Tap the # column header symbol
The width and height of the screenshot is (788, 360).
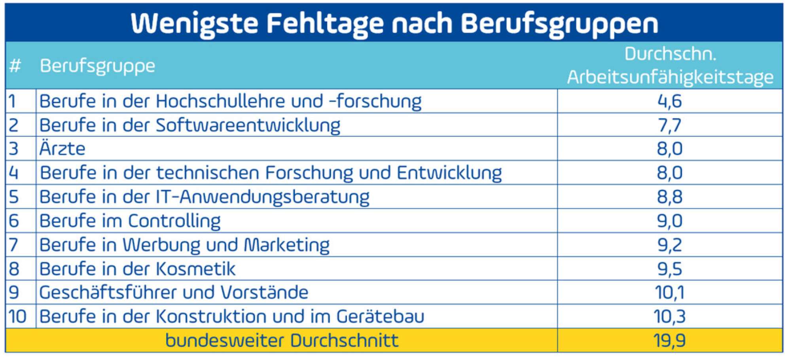(15, 66)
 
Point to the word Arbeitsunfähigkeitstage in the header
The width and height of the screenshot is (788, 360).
(670, 77)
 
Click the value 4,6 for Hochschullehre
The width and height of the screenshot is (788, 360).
(670, 101)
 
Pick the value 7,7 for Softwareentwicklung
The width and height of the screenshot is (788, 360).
(670, 125)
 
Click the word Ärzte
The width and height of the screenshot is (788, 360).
(63, 149)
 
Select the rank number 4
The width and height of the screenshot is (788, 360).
(14, 173)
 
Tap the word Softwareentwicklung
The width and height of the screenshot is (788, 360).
(248, 125)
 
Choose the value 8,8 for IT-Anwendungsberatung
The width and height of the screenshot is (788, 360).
(670, 197)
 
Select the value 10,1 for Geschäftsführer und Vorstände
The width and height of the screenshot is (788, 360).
(670, 293)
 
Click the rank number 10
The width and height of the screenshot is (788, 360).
(17, 316)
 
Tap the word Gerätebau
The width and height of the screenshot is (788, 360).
(380, 316)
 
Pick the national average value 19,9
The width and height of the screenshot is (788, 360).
(670, 341)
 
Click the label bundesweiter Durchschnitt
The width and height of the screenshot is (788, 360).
(282, 341)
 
